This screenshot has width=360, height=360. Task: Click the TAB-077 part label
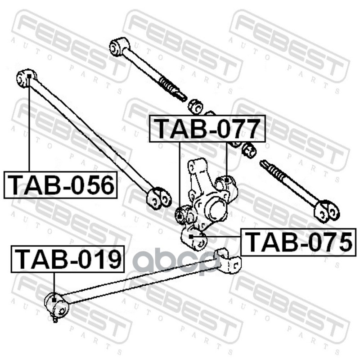(207, 129)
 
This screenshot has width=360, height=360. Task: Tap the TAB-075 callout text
(298, 242)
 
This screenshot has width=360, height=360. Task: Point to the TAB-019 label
(67, 259)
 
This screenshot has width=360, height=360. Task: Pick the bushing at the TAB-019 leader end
(56, 304)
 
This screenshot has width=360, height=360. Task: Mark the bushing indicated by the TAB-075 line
(192, 238)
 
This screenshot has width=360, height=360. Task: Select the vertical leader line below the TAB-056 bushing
(29, 126)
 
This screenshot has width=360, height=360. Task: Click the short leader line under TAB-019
(54, 283)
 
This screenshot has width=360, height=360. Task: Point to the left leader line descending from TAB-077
(180, 175)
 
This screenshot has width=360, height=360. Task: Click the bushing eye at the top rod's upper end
(119, 46)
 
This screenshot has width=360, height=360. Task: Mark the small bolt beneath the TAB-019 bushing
(55, 319)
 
